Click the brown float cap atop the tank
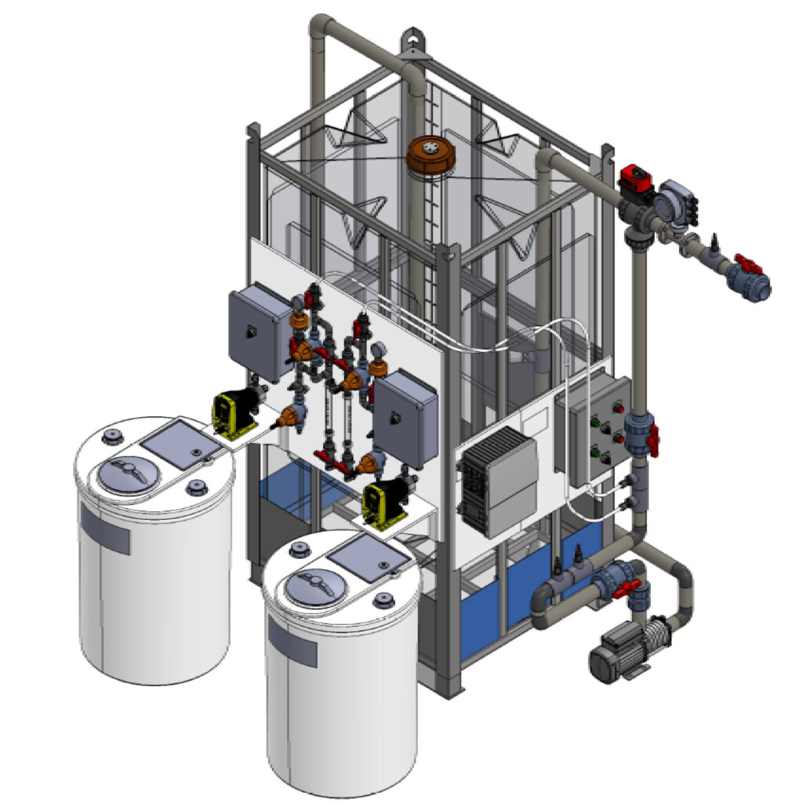point(431,154)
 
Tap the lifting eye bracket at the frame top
point(416,44)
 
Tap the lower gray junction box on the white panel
point(405,419)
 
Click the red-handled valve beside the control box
point(650,439)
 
